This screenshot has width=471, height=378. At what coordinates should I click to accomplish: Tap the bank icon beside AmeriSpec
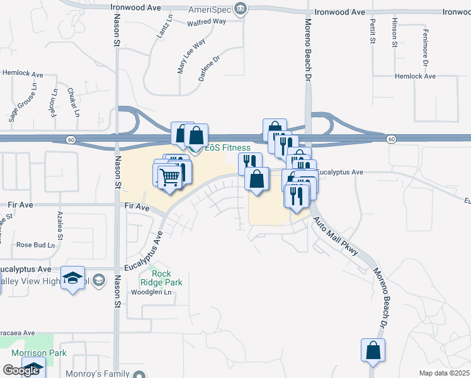pyautogui.click(x=240, y=9)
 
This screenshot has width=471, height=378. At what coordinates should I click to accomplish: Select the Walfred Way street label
pyautogui.click(x=206, y=22)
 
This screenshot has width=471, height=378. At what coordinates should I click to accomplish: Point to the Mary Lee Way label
pyautogui.click(x=191, y=57)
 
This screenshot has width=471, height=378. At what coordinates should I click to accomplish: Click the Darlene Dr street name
pyautogui.click(x=211, y=69)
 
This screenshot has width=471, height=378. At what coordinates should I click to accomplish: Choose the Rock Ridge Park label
pyautogui.click(x=162, y=278)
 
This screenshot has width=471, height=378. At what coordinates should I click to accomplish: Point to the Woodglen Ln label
pyautogui.click(x=150, y=292)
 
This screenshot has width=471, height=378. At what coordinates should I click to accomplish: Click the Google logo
pyautogui.click(x=21, y=370)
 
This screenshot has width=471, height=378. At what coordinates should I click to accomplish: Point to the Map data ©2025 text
pyautogui.click(x=444, y=373)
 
